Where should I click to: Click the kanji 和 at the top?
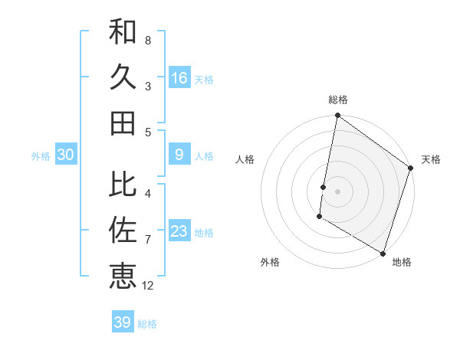[x=123, y=32]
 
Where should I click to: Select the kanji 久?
[x=123, y=77]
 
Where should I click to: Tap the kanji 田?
[x=123, y=123]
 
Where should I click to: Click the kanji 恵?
[x=123, y=276]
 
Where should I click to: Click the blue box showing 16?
[x=179, y=77]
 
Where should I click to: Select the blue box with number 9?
[x=179, y=155]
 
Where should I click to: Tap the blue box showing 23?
[x=179, y=231]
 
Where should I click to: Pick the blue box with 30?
[x=66, y=155]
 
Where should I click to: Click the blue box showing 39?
[x=123, y=322]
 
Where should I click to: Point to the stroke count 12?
[x=148, y=286]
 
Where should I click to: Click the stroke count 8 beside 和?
[x=147, y=40]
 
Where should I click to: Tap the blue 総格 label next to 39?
[x=148, y=324]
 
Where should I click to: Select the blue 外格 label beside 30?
[x=41, y=156]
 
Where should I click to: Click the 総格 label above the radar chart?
[x=338, y=100]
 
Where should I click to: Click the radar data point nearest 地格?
[x=383, y=253]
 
